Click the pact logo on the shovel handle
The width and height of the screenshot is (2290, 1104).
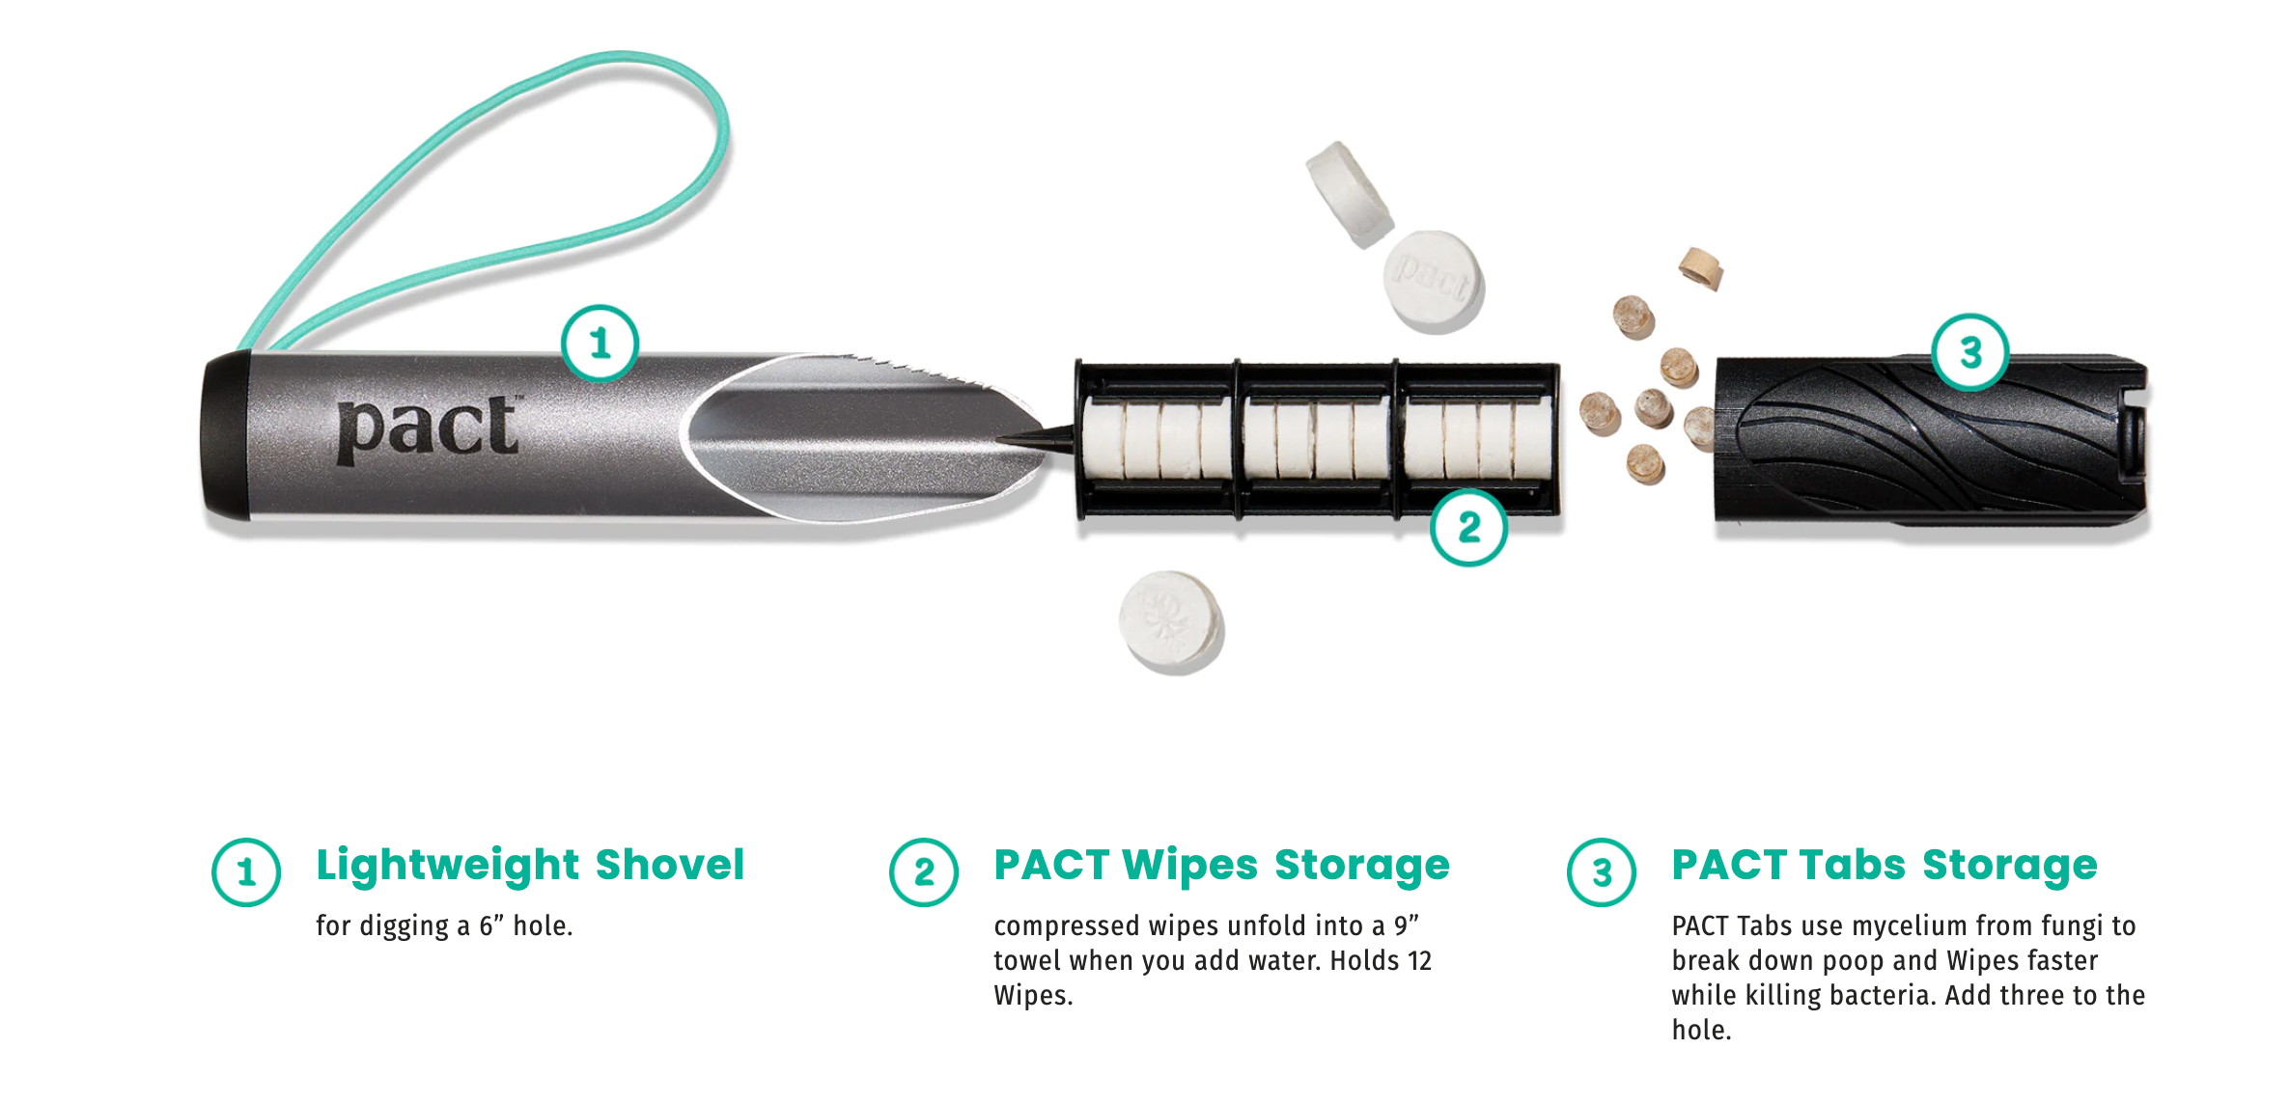(x=428, y=428)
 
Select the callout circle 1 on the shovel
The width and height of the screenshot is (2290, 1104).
(x=600, y=344)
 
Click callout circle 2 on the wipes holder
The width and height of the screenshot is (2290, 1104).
(x=1468, y=527)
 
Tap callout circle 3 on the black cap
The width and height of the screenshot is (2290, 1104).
(x=1969, y=352)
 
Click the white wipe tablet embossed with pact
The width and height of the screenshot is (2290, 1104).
(x=1434, y=280)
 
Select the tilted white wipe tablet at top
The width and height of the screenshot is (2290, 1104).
(x=1349, y=193)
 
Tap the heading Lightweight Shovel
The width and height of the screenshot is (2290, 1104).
(x=530, y=865)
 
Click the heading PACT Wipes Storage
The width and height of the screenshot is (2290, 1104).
(x=1221, y=865)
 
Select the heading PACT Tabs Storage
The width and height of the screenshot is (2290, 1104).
(x=1885, y=865)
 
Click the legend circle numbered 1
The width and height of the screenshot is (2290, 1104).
(x=246, y=872)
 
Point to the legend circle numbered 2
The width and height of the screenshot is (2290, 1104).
(x=924, y=872)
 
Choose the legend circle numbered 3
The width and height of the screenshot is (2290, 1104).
(x=1602, y=872)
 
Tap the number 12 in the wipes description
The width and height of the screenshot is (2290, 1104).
(x=1419, y=961)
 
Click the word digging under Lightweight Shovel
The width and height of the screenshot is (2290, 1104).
(x=405, y=926)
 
